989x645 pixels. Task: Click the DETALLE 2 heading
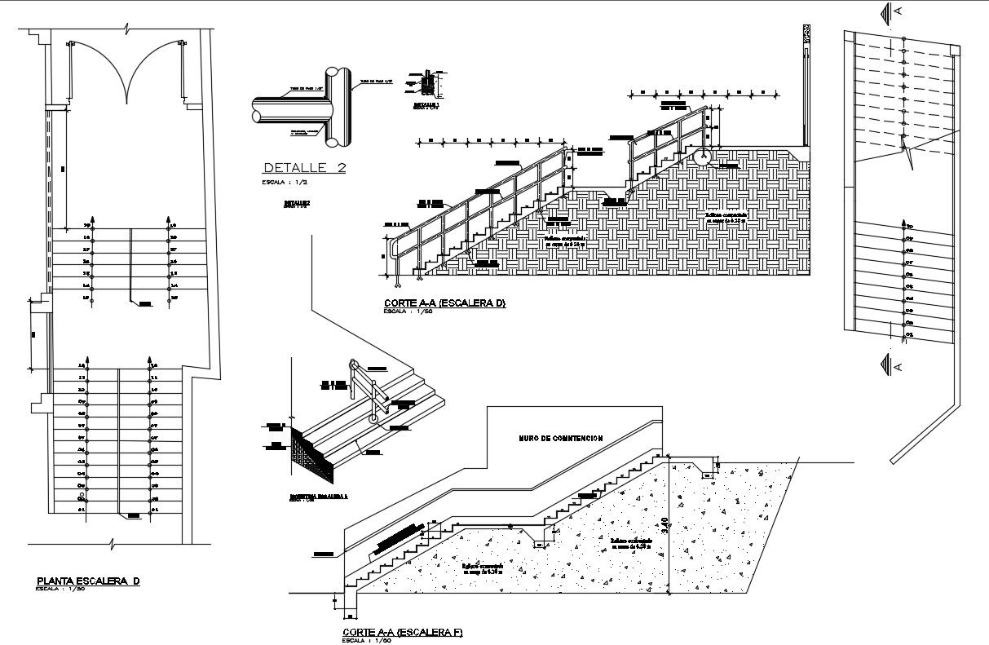click(x=304, y=168)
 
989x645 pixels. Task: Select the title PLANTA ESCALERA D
click(x=88, y=581)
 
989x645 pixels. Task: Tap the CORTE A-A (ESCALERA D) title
click(x=444, y=303)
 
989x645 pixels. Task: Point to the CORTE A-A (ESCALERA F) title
click(x=403, y=632)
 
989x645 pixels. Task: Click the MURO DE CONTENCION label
click(x=561, y=438)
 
